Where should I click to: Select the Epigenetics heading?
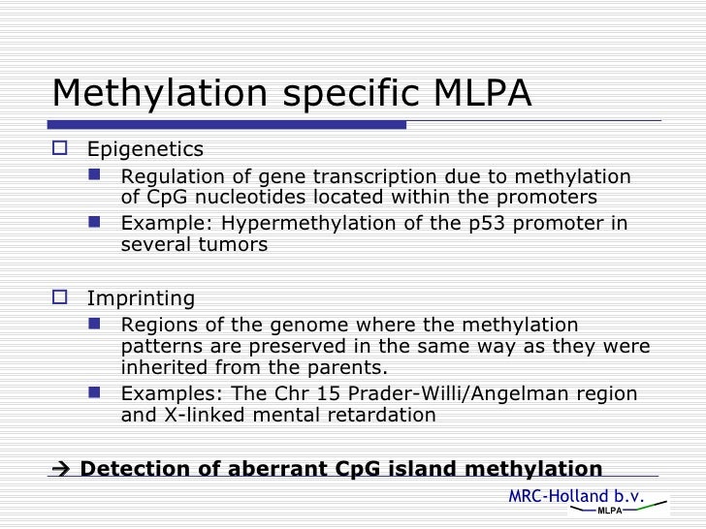tap(145, 149)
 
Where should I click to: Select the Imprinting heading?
tap(141, 297)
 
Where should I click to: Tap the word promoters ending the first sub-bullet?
tap(552, 199)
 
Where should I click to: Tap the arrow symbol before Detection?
tap(61, 470)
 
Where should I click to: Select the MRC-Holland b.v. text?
tap(576, 495)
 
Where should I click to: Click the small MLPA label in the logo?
tap(609, 511)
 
